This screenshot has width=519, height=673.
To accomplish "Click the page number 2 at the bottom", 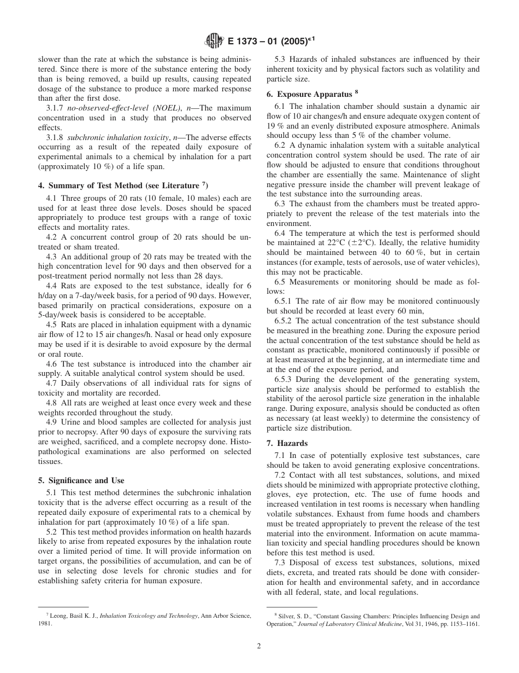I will tap(259, 645).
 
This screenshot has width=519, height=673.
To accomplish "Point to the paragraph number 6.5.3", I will tap(285, 380).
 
